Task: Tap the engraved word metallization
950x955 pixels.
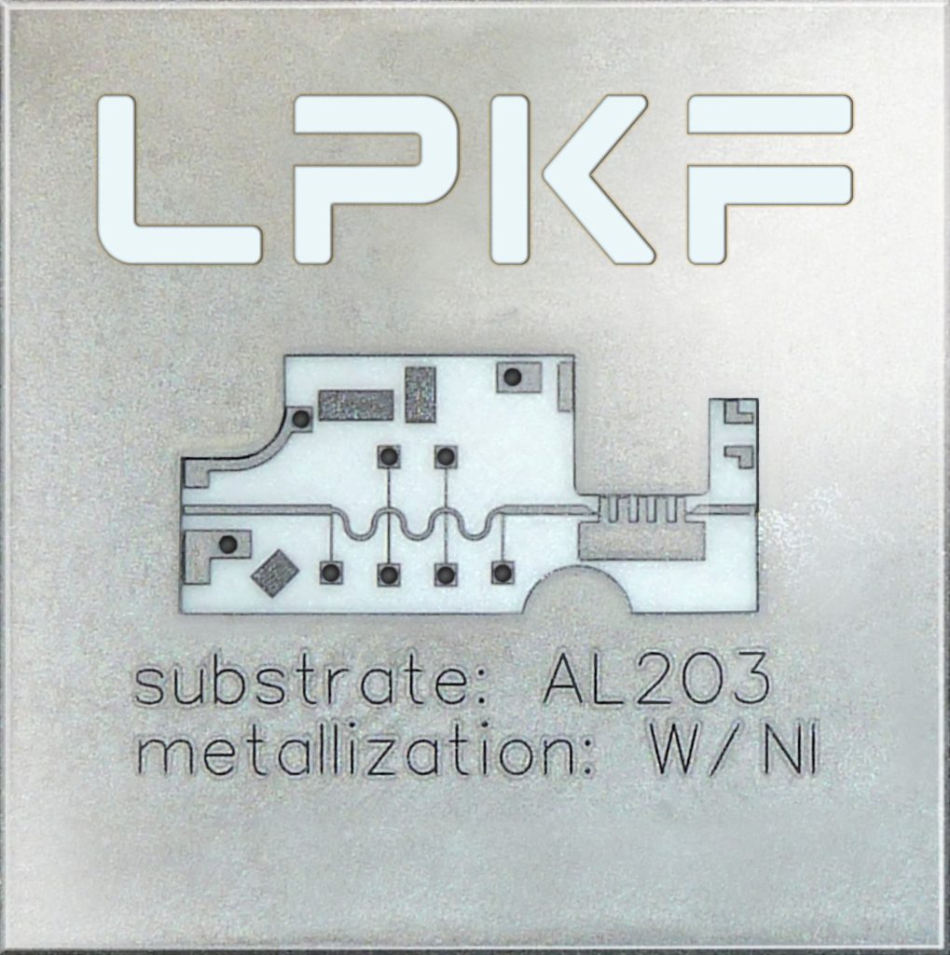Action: [x=365, y=753]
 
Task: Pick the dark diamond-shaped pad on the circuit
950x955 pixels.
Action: [x=275, y=574]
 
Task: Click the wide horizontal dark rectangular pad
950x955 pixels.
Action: [x=355, y=406]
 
